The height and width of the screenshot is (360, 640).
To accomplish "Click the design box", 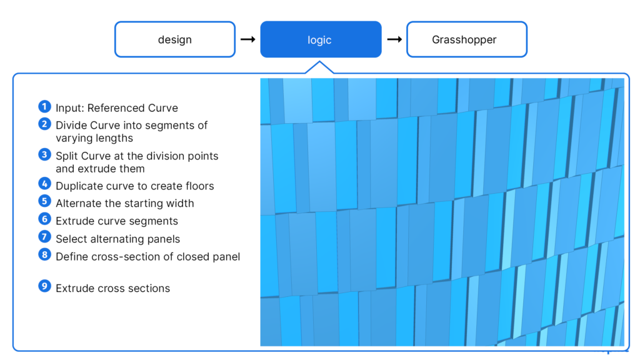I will pos(174,39).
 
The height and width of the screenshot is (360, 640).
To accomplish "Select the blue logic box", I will pos(320,39).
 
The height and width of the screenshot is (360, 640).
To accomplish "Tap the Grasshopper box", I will pos(466,39).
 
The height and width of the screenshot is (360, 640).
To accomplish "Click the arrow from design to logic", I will pos(247,39).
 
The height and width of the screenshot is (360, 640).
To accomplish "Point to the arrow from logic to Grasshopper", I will pos(394,39).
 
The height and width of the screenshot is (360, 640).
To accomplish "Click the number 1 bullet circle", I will pos(44,107).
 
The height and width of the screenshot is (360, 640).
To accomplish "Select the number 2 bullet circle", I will pos(44,124).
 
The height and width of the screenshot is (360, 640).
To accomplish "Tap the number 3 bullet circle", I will pos(44,154).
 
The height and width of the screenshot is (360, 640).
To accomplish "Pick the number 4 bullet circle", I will pos(44,184).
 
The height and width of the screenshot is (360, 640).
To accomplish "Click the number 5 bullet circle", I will pos(44,202).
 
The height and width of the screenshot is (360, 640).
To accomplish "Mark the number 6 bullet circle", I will pos(44,219).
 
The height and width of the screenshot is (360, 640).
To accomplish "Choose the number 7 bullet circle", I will pos(44,237).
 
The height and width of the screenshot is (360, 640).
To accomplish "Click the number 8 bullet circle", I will pos(44,255).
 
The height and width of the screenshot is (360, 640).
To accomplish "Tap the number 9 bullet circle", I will pos(44,287).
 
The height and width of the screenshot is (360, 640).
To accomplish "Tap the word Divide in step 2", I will pos(71,126).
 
